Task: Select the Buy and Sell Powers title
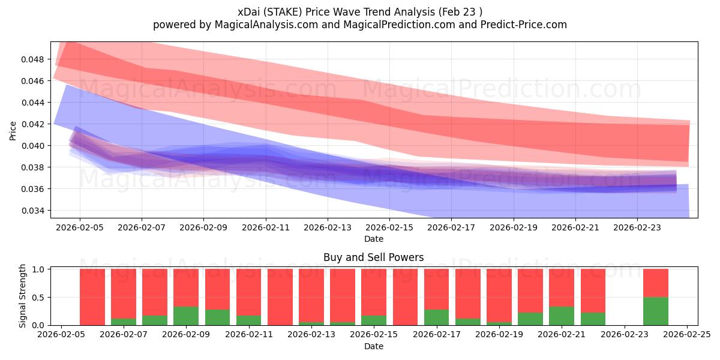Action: [x=373, y=257]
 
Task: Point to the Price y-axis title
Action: [x=13, y=130]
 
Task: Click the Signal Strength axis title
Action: [x=22, y=296]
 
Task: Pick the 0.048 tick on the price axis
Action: [x=35, y=59]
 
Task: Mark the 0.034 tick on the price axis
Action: [x=35, y=211]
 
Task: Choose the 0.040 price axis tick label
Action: [x=35, y=146]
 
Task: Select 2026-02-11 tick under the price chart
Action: [x=266, y=228]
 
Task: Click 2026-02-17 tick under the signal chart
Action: [x=437, y=335]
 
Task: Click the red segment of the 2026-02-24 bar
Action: [x=656, y=283]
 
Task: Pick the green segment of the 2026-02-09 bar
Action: [x=186, y=316]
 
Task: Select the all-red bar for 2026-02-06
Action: [x=92, y=297]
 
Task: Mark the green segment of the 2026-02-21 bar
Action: [x=562, y=316]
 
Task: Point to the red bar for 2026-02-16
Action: [x=405, y=297]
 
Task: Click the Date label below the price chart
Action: [x=373, y=239]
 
